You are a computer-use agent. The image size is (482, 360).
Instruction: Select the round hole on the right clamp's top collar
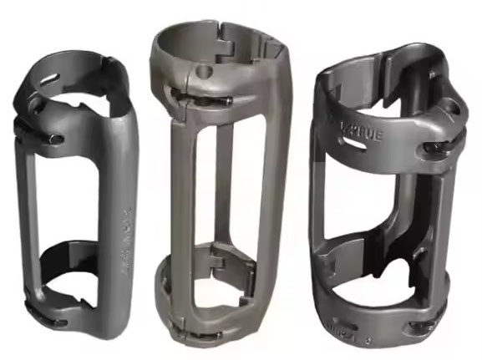click(x=452, y=109)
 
